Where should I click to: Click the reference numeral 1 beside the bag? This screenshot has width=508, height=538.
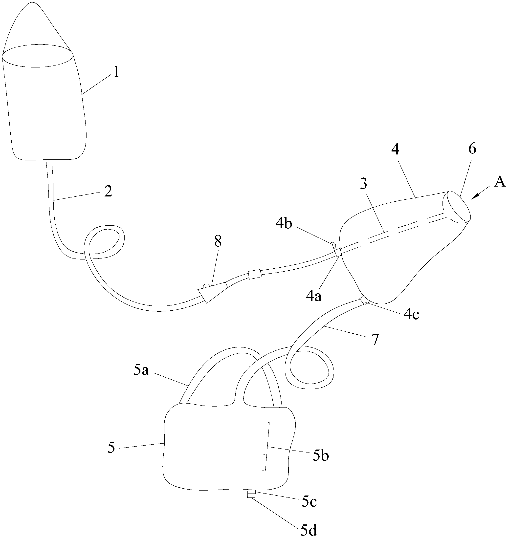(116, 72)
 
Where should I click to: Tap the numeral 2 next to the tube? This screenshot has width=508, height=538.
(108, 192)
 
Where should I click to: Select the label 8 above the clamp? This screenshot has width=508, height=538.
(218, 241)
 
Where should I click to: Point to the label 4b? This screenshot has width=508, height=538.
(284, 224)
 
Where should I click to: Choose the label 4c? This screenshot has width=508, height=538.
(411, 315)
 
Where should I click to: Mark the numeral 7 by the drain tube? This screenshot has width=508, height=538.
(375, 340)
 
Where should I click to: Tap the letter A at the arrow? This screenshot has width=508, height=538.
(500, 182)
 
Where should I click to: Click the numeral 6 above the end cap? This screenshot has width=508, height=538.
(472, 149)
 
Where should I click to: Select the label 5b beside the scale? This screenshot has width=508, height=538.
(321, 456)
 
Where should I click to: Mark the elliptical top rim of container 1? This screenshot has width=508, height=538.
(38, 56)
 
